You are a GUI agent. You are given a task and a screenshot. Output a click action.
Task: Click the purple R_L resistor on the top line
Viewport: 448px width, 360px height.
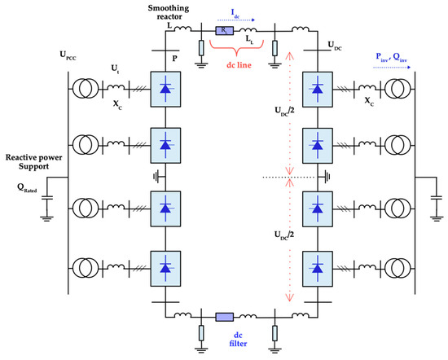click(224, 29)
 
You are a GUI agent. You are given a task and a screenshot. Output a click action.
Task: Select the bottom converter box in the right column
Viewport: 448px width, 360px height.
click(318, 266)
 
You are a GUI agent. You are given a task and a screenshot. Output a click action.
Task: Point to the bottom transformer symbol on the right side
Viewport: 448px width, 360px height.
click(394, 266)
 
